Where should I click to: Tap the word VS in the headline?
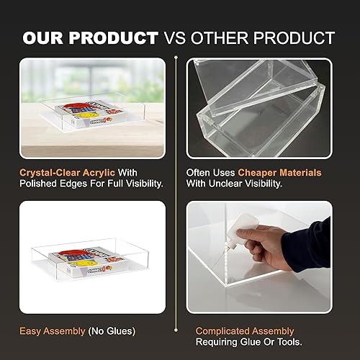click(x=192, y=37)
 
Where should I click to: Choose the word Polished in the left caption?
click(x=36, y=185)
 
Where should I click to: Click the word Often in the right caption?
click(x=199, y=173)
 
